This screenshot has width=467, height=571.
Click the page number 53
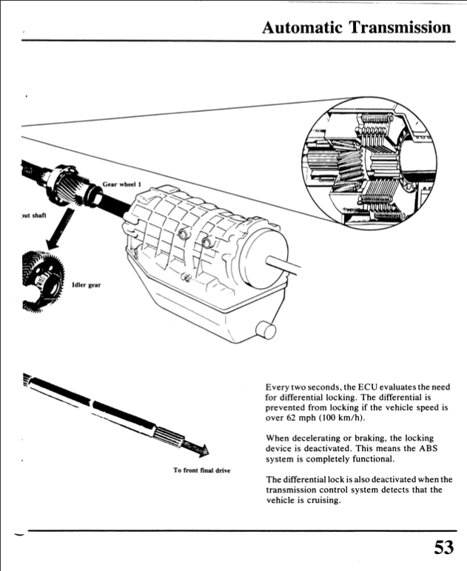[443, 548]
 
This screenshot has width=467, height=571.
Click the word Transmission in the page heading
[400, 27]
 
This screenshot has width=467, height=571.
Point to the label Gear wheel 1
[121, 186]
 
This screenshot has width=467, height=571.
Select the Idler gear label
[86, 284]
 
